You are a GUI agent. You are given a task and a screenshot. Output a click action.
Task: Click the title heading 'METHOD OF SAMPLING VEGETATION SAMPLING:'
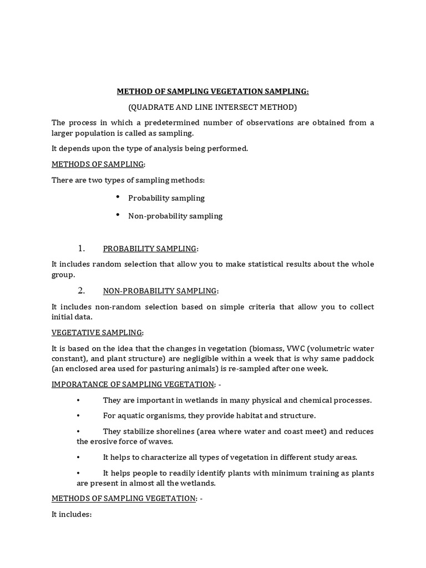212,92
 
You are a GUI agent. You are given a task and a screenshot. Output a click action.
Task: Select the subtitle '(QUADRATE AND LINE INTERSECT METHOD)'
212,106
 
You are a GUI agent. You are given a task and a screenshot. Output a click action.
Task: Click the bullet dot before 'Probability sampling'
118,197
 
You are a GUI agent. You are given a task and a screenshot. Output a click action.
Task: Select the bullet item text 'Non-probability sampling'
175,216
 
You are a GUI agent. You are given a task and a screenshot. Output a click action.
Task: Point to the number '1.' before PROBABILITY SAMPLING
81,248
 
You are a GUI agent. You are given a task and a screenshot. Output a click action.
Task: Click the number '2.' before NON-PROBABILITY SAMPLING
81,290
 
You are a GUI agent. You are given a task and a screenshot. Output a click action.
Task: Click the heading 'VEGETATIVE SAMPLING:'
97,332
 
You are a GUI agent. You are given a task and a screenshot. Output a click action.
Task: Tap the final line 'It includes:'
71,514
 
